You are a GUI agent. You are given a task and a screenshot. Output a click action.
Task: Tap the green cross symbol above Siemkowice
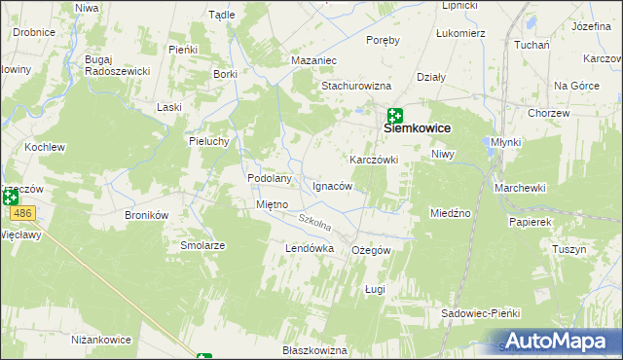395,115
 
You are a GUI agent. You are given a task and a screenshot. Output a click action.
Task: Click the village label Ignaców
332,185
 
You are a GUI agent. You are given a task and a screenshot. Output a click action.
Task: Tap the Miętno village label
271,204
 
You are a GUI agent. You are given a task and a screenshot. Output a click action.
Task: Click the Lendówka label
310,248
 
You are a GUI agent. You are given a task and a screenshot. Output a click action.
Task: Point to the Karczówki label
374,159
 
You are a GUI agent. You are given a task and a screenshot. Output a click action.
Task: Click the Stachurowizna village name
362,85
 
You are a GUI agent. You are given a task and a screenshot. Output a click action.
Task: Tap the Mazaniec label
313,60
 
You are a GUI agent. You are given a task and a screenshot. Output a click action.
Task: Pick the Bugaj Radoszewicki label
117,65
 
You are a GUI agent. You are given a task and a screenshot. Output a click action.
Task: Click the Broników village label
147,214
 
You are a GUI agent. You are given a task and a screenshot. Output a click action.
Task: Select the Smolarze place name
202,245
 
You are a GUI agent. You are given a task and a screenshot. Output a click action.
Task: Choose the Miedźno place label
451,212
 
